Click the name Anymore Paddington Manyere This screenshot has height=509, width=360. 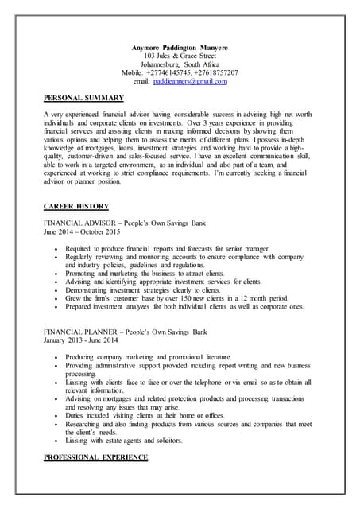point(179,48)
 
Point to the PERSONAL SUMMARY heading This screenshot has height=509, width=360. point(83,98)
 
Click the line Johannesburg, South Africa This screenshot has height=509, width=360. point(179,64)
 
